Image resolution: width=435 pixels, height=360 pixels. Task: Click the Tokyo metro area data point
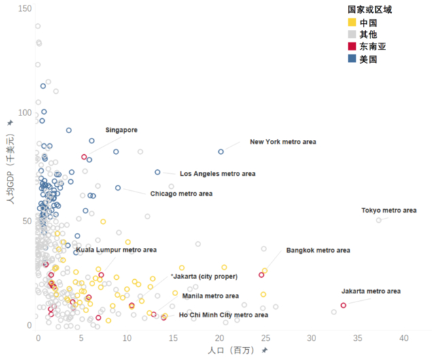point(379,220)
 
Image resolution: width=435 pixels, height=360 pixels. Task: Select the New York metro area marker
point(221,151)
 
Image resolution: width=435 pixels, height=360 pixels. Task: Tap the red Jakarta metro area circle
point(343,306)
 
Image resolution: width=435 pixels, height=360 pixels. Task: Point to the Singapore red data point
point(84,157)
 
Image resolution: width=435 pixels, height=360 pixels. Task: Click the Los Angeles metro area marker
point(157,173)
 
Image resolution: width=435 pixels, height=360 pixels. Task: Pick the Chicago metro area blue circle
point(118,188)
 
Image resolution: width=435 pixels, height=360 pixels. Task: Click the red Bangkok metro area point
point(261,275)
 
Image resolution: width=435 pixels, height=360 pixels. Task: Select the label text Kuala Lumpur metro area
point(116,250)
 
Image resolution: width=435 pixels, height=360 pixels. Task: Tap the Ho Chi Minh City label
point(224,314)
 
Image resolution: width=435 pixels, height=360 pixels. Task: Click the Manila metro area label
point(210,296)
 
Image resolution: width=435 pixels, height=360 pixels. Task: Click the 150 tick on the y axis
point(25,7)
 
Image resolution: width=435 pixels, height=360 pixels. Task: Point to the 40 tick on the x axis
point(404,338)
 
